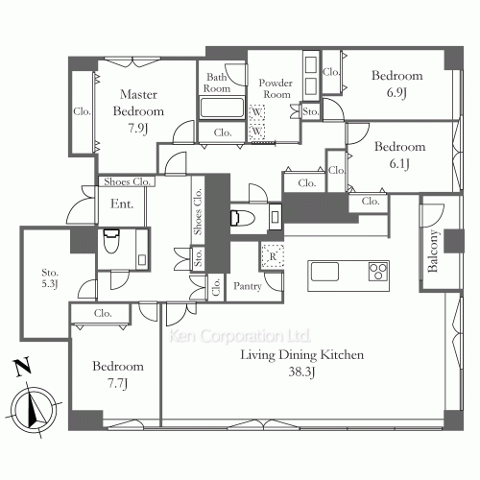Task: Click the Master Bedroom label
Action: pos(138,103)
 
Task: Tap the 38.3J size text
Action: pos(301,372)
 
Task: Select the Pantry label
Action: pos(247,286)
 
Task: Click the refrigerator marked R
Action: pos(273,256)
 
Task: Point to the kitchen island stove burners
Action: pos(378,272)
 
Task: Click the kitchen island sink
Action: pos(324,272)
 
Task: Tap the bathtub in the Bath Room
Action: pos(222,108)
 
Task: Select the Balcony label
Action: pos(432,252)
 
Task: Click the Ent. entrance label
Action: pos(122,204)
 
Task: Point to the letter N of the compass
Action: pos(22,367)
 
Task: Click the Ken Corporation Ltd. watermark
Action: pos(239,336)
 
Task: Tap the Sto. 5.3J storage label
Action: pos(50,278)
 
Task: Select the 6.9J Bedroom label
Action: pos(397,84)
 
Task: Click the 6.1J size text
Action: pos(399,164)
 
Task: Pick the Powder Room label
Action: pos(276,88)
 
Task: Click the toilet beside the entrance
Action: pos(111,241)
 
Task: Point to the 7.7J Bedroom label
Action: pos(118,374)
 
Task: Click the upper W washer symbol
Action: pos(256,112)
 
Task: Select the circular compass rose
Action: pos(34,409)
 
